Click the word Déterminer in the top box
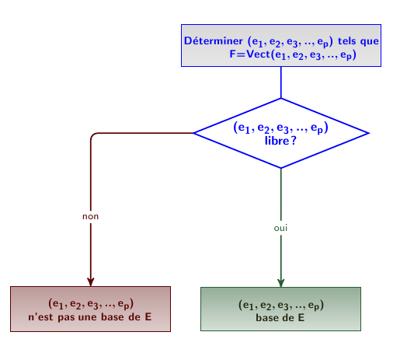click(214, 41)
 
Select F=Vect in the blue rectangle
click(250, 54)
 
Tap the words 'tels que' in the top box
click(358, 41)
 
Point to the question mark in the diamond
click(294, 141)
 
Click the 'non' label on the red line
click(91, 216)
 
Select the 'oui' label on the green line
click(280, 228)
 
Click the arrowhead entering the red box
click(91, 282)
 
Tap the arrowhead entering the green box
click(281, 283)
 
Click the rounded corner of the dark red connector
click(92, 135)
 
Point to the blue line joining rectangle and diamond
click(281, 82)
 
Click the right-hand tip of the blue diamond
click(369, 133)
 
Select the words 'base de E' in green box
click(280, 318)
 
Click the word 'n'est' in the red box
click(40, 317)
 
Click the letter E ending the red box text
click(148, 317)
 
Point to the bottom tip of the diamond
click(281, 168)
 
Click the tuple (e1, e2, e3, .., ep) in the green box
click(281, 306)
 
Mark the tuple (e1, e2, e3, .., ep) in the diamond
click(280, 128)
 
